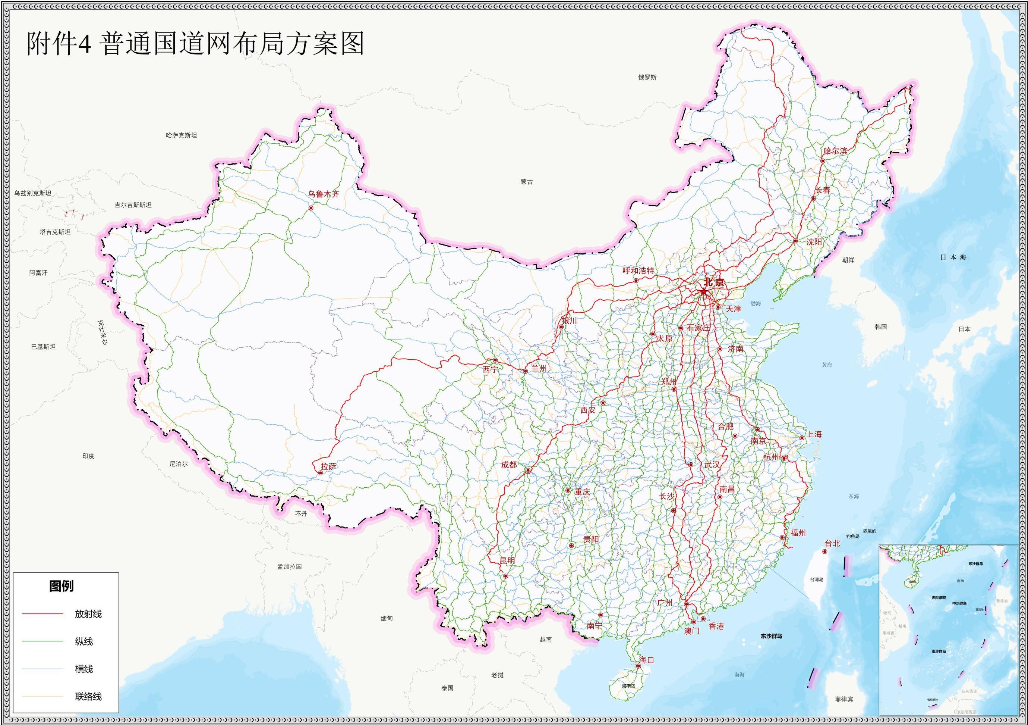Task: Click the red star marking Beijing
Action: (703, 292)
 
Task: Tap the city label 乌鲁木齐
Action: (323, 194)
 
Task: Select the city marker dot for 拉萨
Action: (321, 473)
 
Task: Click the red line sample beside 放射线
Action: (42, 613)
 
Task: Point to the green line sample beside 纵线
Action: (42, 641)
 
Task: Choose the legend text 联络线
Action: (88, 696)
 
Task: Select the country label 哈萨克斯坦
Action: (181, 135)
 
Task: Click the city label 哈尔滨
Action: (835, 151)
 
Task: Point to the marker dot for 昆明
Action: (505, 576)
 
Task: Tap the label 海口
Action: (647, 660)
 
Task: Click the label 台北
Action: (832, 543)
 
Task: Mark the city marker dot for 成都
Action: (528, 471)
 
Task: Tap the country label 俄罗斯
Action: (647, 78)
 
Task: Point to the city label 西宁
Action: (490, 369)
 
